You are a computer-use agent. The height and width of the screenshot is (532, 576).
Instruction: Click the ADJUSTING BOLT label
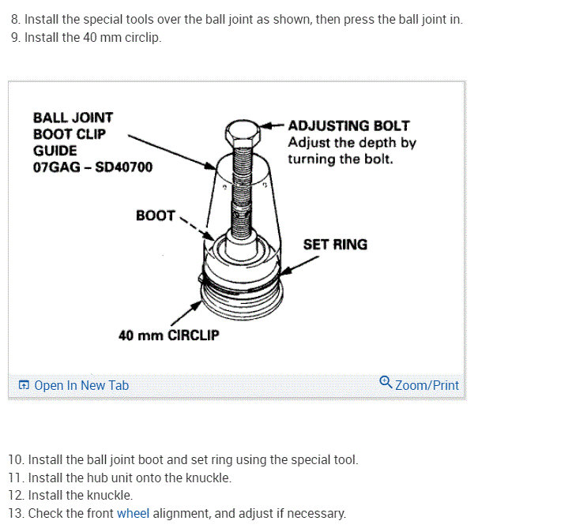coord(348,126)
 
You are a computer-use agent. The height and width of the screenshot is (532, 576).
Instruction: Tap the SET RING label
coord(335,245)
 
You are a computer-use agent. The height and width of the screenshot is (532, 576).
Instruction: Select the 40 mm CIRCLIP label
coord(169,335)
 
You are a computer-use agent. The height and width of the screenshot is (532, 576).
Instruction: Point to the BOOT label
coord(155,215)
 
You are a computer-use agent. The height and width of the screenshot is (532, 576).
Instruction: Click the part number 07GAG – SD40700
coord(92,167)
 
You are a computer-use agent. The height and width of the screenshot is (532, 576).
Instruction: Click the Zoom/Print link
coord(426,385)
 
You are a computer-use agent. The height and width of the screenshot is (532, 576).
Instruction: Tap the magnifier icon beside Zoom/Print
coord(386,382)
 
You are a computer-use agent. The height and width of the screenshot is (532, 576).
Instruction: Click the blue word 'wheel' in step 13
coord(133,513)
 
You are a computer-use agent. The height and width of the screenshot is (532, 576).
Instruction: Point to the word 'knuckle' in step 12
coord(111,495)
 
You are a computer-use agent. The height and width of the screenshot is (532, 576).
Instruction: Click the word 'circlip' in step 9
coord(142,37)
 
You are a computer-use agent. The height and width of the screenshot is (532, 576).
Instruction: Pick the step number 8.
coord(16,19)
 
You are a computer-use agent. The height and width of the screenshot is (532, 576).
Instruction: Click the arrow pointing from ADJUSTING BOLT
coord(272,126)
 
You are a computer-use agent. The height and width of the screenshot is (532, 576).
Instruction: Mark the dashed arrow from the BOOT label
coord(198,227)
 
